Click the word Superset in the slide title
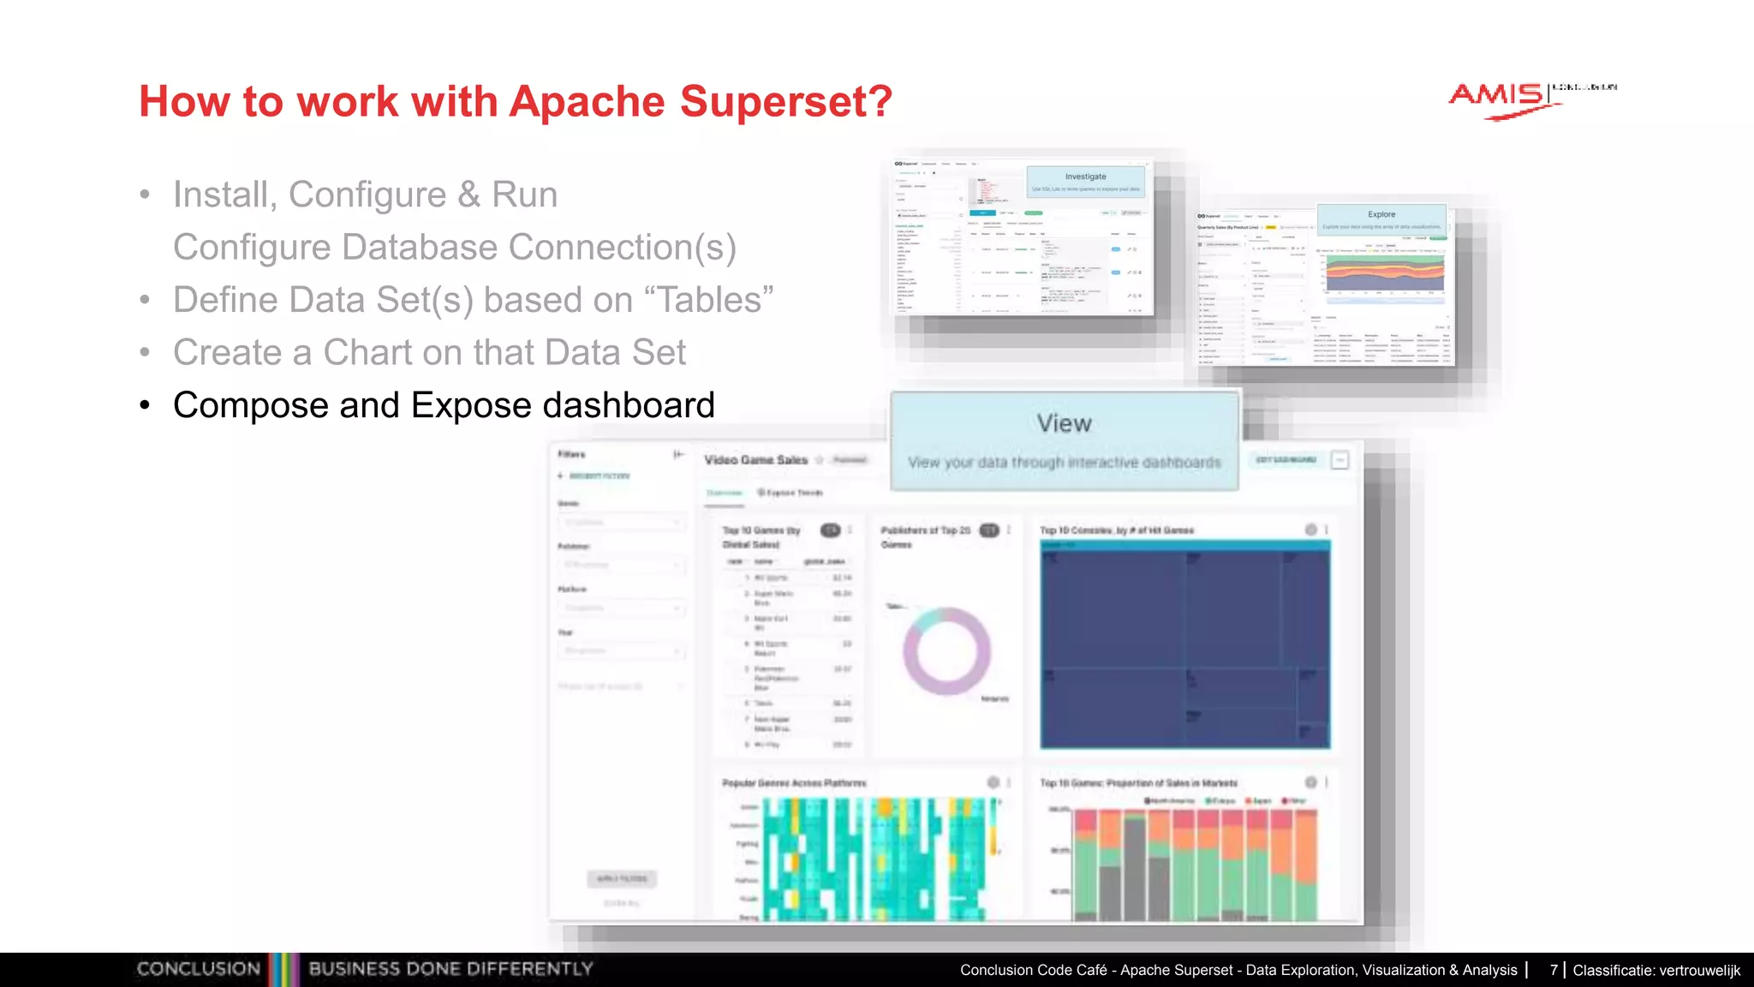786,102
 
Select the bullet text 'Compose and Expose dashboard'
444,405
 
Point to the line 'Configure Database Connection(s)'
455,248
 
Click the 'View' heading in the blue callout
1064,423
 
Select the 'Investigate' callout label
1085,176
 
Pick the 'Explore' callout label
1381,214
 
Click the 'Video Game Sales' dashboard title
755,460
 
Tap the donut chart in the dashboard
946,651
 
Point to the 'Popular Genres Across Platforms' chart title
794,783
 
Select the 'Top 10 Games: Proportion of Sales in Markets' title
1138,783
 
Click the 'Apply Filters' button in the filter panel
623,878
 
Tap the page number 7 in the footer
1554,970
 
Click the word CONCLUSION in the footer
199,969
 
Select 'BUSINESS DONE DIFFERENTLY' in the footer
450,969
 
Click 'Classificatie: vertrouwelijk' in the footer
1656,970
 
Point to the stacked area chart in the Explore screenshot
1385,272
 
